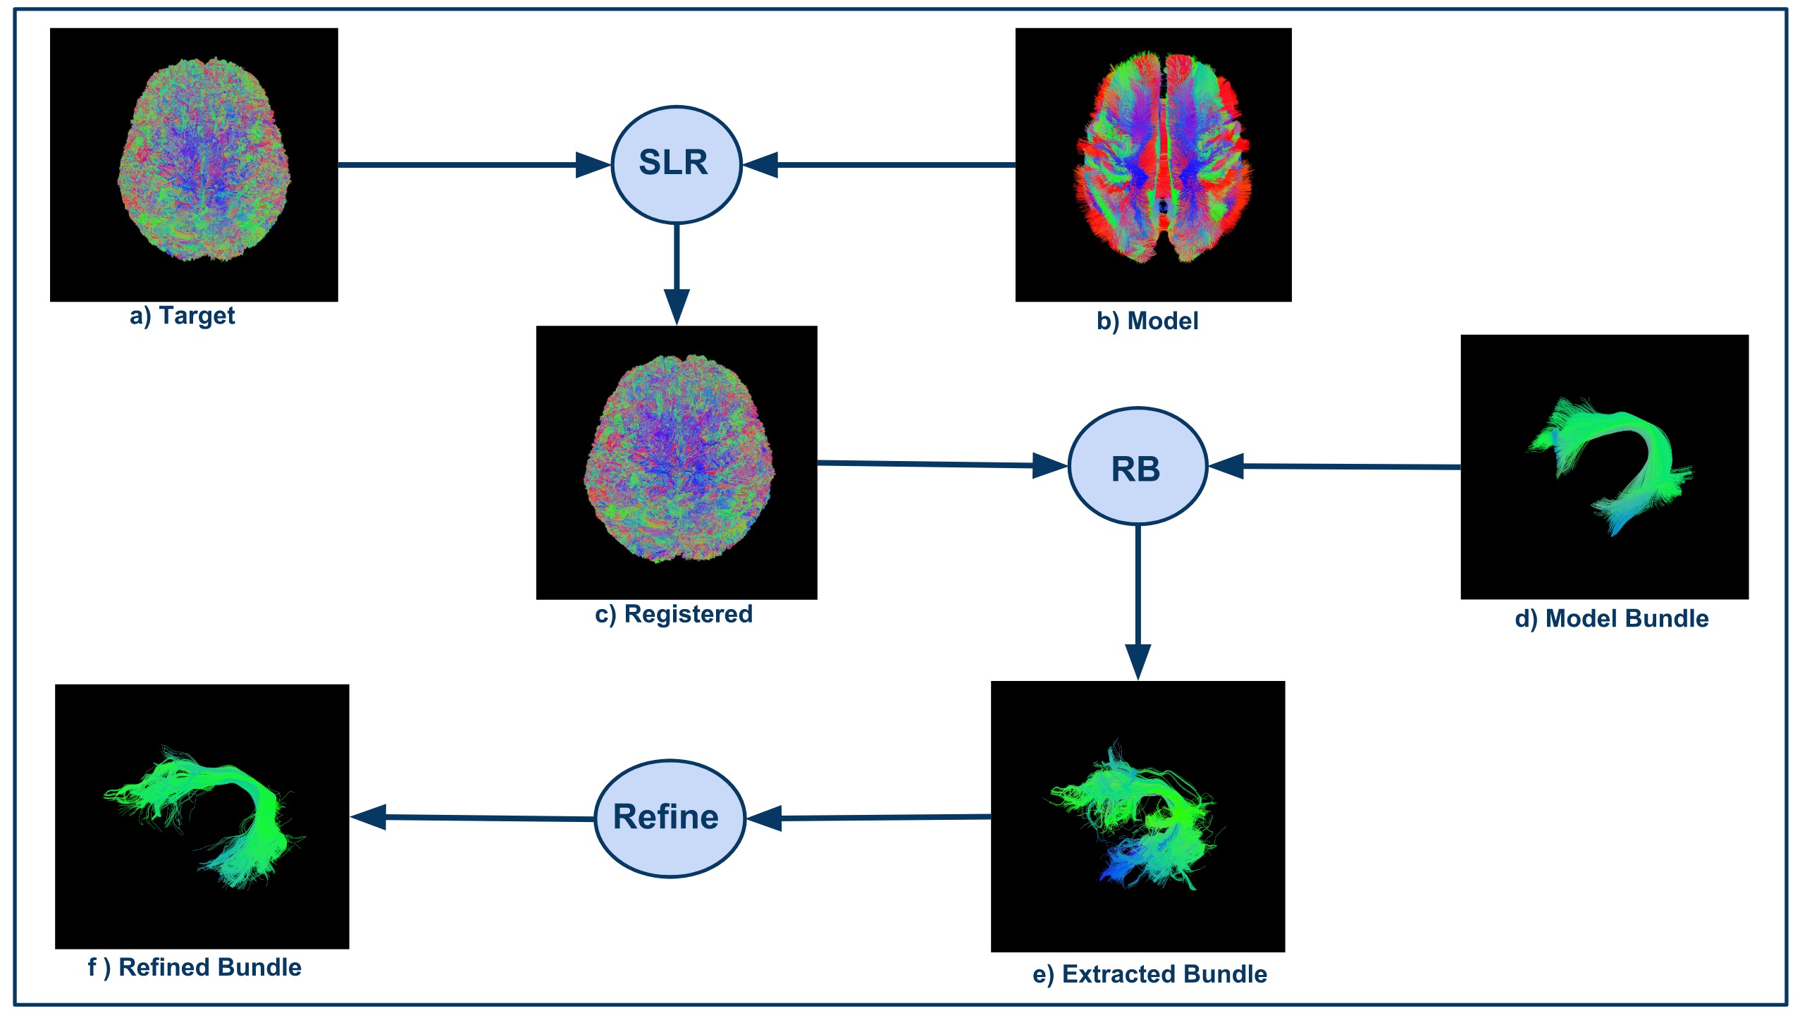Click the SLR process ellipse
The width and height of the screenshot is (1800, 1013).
coord(676,164)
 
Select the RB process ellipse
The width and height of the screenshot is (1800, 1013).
coord(1138,466)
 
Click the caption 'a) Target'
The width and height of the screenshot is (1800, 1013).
coord(182,315)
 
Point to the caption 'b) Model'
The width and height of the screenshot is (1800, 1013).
coord(1147,321)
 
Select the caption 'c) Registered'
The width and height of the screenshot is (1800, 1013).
coord(674,614)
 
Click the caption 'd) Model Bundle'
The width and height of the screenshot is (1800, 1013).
coord(1611,619)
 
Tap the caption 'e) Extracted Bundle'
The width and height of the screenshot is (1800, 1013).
coord(1149,974)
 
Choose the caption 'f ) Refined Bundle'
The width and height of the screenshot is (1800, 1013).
coord(195,967)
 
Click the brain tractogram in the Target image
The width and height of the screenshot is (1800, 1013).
coord(204,161)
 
